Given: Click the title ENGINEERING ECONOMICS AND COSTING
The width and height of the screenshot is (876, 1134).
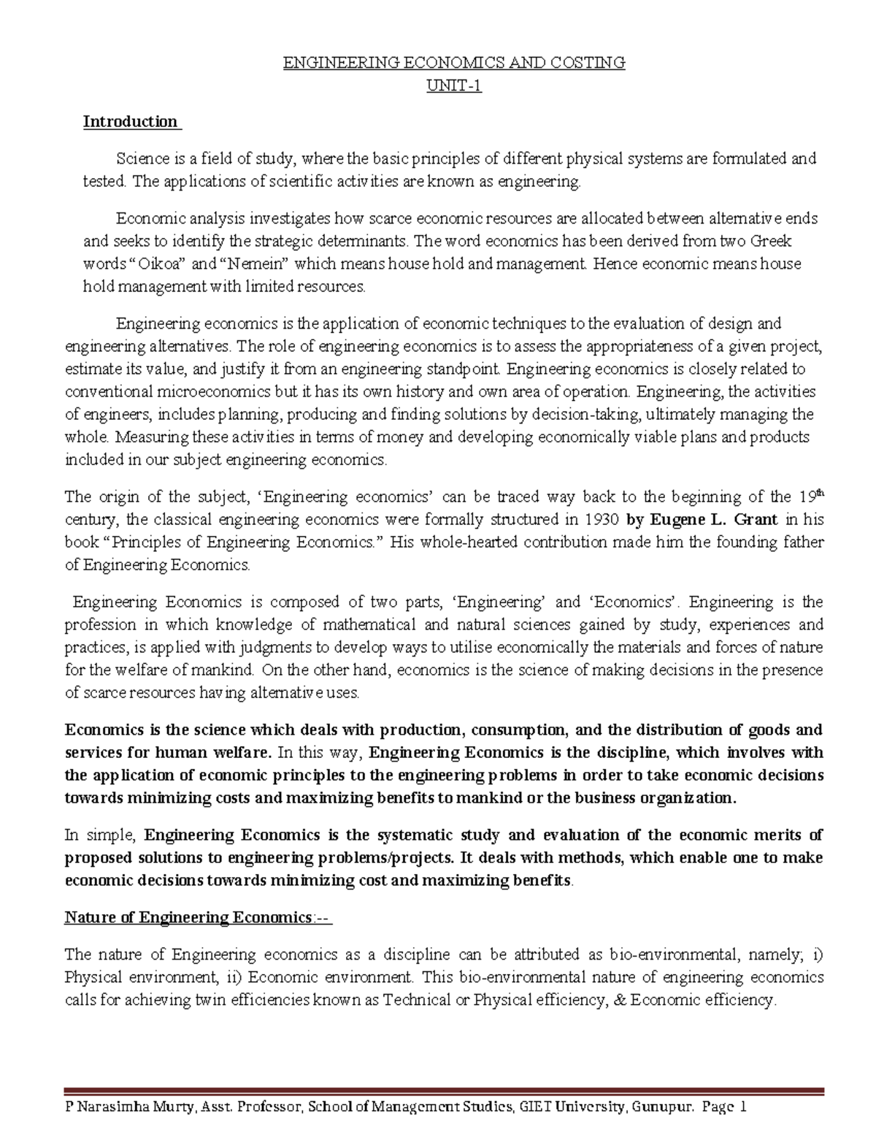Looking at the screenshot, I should (x=454, y=63).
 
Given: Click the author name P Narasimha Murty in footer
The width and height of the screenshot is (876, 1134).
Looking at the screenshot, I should (x=128, y=1108).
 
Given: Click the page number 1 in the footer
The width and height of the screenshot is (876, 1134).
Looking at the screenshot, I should (x=743, y=1108).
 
